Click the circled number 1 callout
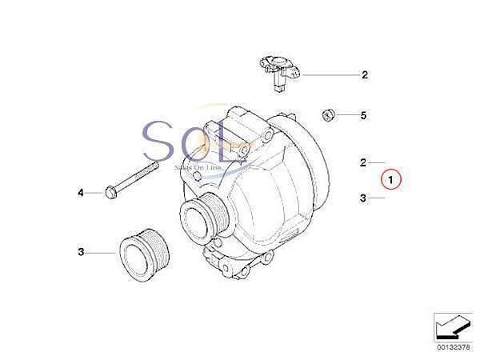[390, 179]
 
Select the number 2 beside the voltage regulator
[364, 75]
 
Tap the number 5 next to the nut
[363, 116]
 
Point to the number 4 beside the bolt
[81, 193]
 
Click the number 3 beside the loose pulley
[81, 253]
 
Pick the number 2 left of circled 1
[362, 162]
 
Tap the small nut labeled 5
[327, 116]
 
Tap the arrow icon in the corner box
[452, 326]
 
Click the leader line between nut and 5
[346, 116]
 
